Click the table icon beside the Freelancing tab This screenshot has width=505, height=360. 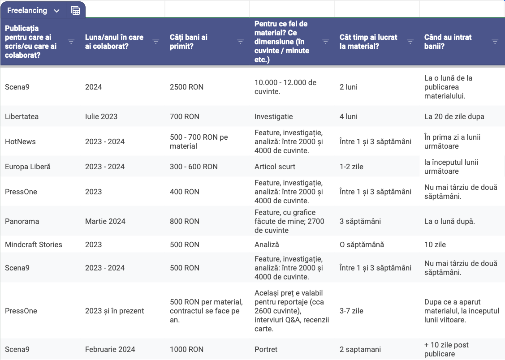[x=75, y=11]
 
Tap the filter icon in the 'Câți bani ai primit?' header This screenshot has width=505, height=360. [x=241, y=42]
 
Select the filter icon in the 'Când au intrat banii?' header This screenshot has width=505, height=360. [x=495, y=42]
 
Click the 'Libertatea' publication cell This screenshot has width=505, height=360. [x=22, y=116]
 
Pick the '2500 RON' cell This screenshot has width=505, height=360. [x=186, y=87]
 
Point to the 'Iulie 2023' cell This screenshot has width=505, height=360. [x=101, y=116]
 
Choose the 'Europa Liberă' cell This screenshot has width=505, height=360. [x=28, y=167]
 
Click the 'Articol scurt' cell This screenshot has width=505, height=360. [x=275, y=167]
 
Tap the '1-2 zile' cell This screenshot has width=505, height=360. [x=352, y=167]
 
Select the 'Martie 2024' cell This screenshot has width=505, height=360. [x=105, y=221]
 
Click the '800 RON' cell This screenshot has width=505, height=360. [x=185, y=221]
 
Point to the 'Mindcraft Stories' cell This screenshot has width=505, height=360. [x=34, y=244]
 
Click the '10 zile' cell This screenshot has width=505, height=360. [x=435, y=244]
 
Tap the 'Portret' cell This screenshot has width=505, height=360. [x=266, y=349]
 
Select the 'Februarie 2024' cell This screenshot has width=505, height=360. [x=110, y=349]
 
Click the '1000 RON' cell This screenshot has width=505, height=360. [x=186, y=349]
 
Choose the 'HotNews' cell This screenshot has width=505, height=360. [x=20, y=141]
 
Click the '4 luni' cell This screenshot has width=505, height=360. [x=349, y=116]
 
